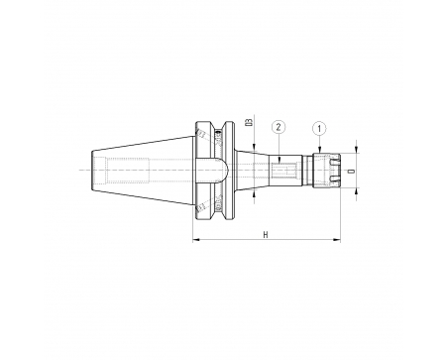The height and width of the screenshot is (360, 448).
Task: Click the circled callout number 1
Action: [319, 129]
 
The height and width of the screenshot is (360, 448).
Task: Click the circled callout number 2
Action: [279, 127]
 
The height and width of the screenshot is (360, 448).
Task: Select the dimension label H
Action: [266, 235]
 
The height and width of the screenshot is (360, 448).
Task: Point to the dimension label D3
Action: [249, 122]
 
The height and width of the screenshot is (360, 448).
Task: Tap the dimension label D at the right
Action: [352, 171]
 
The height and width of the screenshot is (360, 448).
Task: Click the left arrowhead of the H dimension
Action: [195, 240]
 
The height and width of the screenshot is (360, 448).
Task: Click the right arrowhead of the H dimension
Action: [338, 240]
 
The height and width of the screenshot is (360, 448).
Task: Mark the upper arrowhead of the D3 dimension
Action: [254, 149]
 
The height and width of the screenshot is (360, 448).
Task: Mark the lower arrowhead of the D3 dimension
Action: [254, 193]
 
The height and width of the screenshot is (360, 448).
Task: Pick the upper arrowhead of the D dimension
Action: [356, 150]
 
